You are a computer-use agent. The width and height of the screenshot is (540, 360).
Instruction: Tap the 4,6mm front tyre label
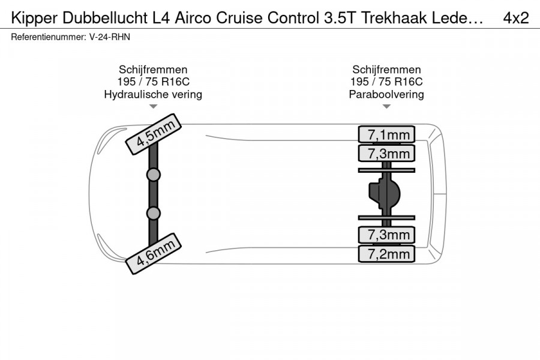(153, 254)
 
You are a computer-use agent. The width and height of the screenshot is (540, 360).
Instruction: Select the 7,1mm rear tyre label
(386, 134)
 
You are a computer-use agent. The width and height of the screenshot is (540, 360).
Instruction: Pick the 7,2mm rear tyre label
(386, 254)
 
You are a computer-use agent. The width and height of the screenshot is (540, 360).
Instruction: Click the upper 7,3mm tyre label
(386, 154)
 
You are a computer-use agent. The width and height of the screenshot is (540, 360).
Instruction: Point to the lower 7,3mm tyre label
(386, 235)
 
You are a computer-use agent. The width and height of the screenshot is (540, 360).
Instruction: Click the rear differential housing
(385, 194)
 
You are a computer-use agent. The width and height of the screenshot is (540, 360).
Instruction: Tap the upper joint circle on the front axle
(153, 175)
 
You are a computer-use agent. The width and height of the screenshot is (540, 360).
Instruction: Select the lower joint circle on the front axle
(153, 214)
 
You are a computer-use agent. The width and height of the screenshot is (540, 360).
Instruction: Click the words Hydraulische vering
(153, 94)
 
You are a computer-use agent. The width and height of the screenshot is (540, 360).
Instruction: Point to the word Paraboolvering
(386, 94)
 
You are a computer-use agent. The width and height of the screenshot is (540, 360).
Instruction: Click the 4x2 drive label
(516, 18)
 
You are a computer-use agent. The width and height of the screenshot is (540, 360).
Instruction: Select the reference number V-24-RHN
(110, 37)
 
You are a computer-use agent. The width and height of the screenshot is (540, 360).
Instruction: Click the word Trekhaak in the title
(394, 18)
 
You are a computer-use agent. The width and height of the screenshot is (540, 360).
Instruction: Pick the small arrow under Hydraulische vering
(153, 107)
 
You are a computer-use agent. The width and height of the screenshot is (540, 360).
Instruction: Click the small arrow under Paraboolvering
(386, 107)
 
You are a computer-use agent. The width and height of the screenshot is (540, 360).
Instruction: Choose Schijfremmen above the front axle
(153, 70)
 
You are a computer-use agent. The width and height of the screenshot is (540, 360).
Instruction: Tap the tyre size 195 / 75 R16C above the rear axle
(386, 82)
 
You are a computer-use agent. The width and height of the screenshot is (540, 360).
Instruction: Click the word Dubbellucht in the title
(106, 18)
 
